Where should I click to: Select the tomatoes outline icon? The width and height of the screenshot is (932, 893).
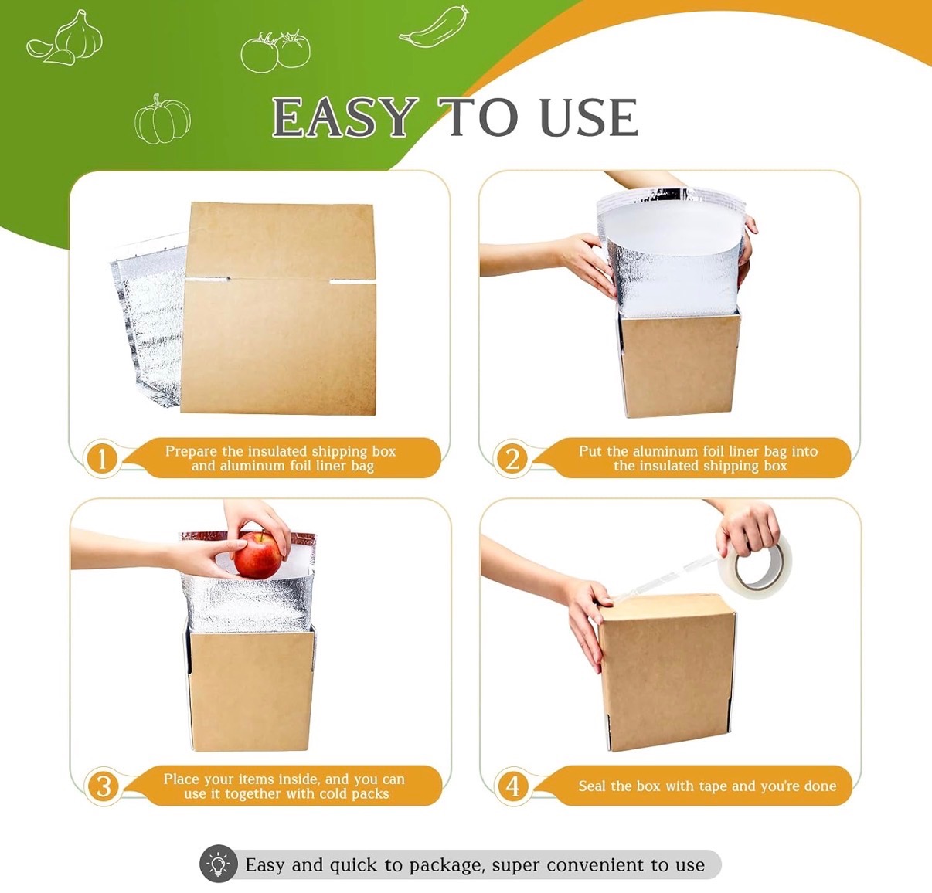(x=275, y=51)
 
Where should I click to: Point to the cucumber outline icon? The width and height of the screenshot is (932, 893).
(x=434, y=27)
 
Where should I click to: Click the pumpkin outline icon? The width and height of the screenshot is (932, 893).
(x=162, y=119)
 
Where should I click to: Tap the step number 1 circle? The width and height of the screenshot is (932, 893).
(x=101, y=458)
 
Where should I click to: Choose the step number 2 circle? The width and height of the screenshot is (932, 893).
(x=512, y=458)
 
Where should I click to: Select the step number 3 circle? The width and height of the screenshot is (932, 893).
(x=103, y=786)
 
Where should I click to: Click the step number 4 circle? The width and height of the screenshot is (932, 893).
(x=512, y=786)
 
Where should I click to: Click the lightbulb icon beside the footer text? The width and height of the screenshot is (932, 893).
(x=219, y=864)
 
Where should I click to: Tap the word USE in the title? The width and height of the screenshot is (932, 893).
(x=589, y=117)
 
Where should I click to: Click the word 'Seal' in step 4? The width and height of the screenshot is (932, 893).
(x=593, y=786)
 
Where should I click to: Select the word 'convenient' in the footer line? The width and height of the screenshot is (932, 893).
(x=596, y=864)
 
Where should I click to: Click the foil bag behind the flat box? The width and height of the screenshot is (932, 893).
(x=148, y=321)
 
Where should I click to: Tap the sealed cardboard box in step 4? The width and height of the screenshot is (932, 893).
(x=668, y=671)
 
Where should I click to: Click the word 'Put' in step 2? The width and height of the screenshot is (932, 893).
(x=591, y=451)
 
